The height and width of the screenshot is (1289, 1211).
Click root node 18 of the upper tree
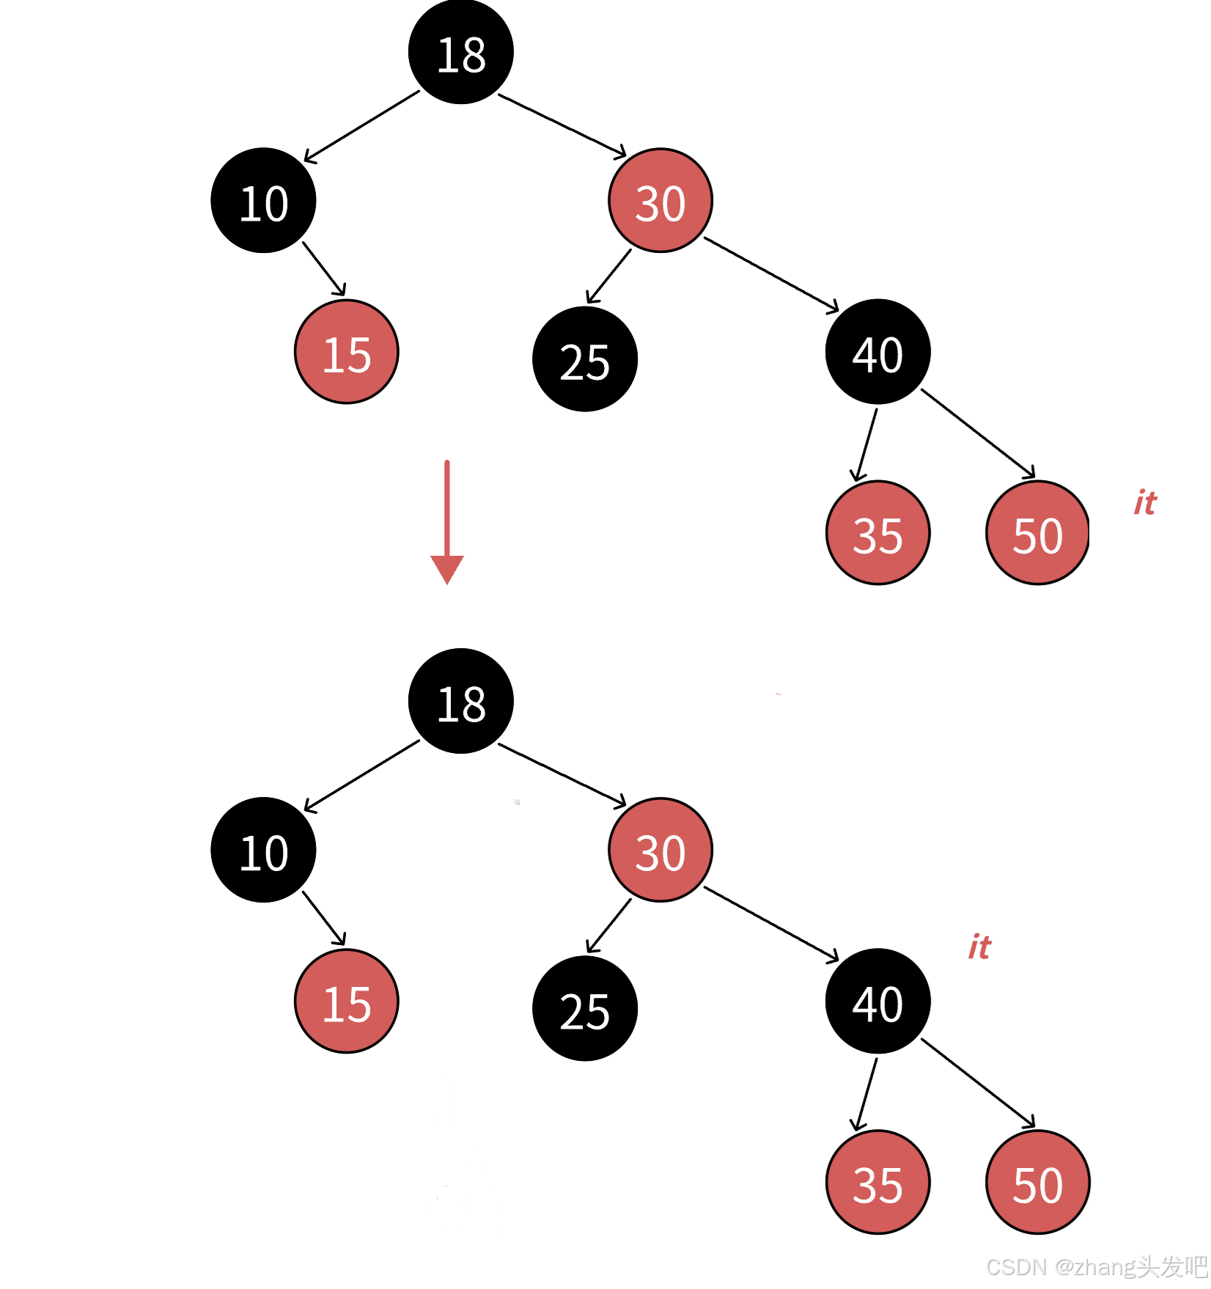(x=460, y=53)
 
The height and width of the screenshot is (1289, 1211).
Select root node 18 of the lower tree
(x=460, y=702)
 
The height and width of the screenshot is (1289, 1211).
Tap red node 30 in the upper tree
(x=660, y=201)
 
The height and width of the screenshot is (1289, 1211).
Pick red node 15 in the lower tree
(x=346, y=1002)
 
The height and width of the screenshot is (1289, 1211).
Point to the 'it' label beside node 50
(x=1144, y=503)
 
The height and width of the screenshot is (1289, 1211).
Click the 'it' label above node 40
(x=979, y=947)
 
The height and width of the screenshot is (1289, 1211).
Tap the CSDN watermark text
(x=1094, y=1266)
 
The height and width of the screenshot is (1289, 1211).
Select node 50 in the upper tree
(x=1037, y=533)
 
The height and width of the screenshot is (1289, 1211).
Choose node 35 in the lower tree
(x=877, y=1183)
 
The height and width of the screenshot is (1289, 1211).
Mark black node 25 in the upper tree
(x=584, y=359)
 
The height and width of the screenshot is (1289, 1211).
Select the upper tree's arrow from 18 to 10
(x=361, y=126)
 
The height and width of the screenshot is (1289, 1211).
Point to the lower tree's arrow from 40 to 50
(x=978, y=1083)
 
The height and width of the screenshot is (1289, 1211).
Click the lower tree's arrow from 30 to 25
(x=608, y=926)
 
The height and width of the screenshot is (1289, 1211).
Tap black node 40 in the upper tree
(x=877, y=352)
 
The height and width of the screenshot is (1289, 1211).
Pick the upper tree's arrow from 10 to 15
(x=324, y=269)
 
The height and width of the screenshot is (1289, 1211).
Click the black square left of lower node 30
(x=559, y=843)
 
